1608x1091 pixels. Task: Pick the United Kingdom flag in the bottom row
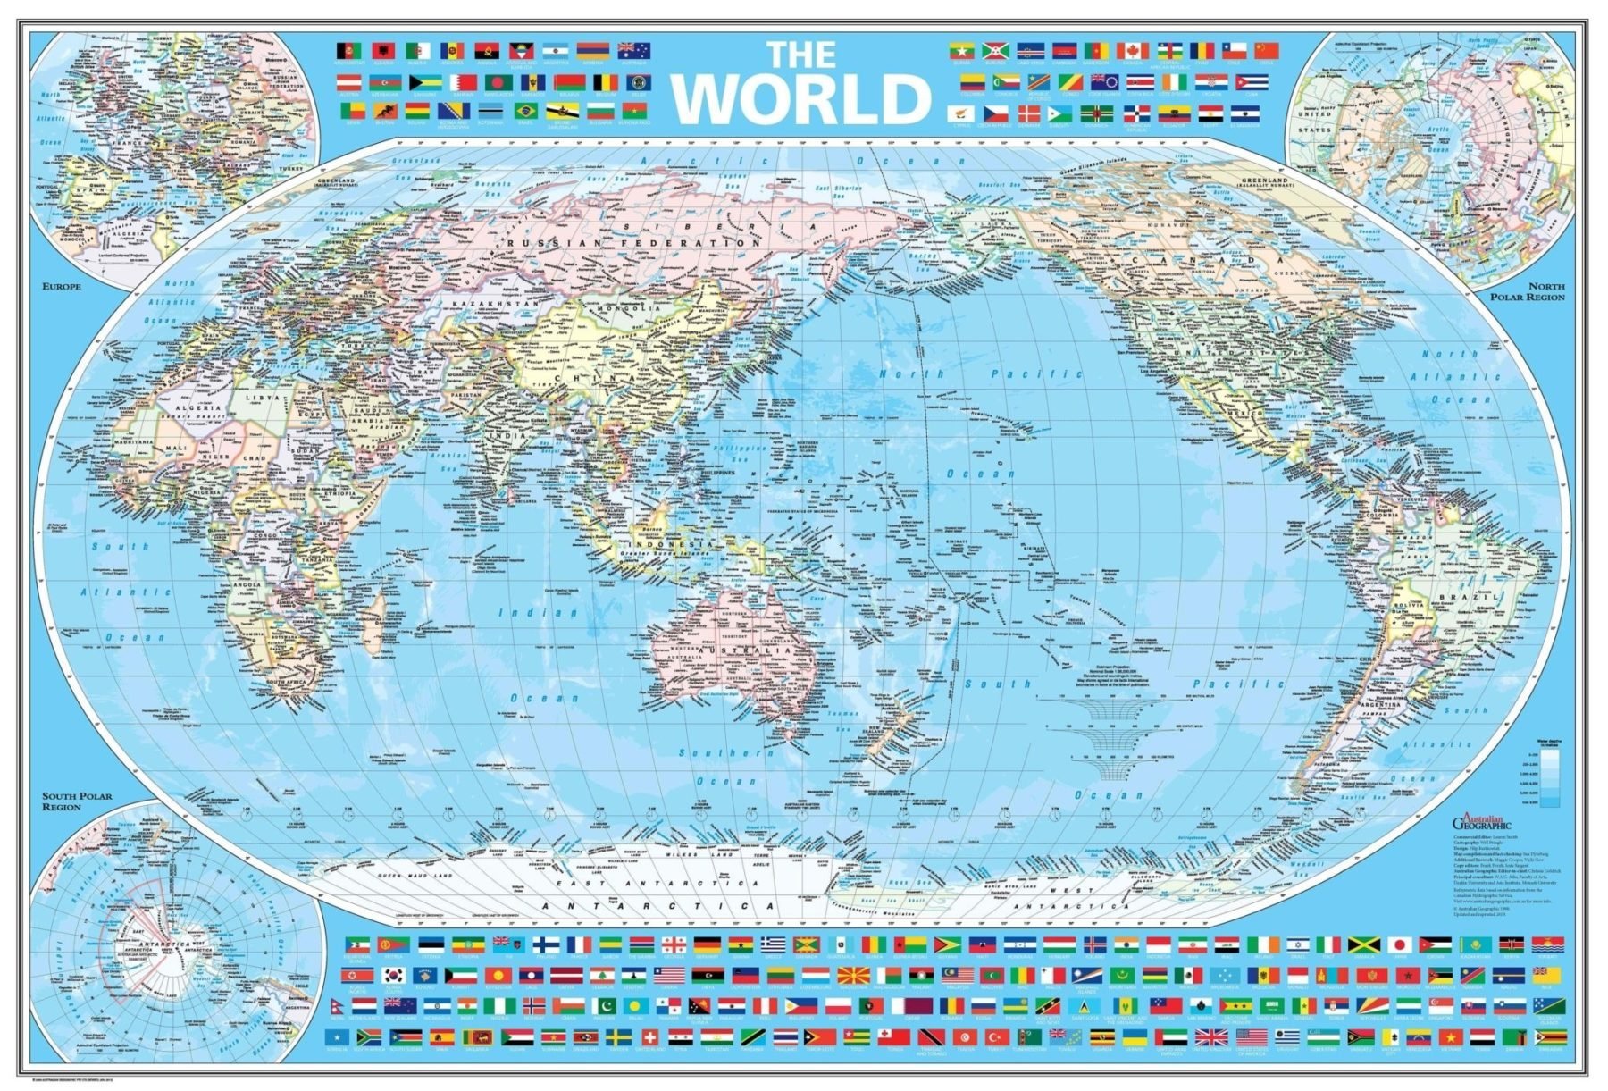1210,1037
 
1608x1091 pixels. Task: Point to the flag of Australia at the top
633,51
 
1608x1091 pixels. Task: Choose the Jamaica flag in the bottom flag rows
1363,944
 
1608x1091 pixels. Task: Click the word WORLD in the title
800,98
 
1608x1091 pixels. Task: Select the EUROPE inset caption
62,287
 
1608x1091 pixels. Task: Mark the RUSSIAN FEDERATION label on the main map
632,243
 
